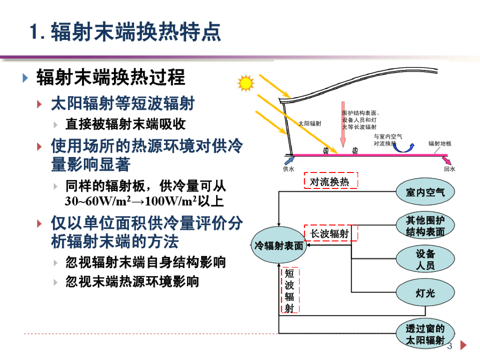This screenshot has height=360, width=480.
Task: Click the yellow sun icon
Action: click(x=246, y=83)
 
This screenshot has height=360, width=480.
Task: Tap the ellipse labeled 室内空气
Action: click(x=426, y=192)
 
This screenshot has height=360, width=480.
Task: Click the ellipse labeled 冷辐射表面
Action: click(x=279, y=246)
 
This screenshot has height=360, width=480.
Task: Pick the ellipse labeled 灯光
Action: click(x=426, y=293)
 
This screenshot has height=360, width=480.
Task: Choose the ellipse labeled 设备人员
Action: click(x=426, y=259)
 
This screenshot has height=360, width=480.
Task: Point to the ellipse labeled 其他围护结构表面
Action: click(x=426, y=225)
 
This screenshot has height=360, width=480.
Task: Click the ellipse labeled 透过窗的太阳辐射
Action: click(x=426, y=334)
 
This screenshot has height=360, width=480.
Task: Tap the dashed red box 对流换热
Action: click(x=330, y=181)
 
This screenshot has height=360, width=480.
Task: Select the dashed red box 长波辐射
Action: click(x=330, y=233)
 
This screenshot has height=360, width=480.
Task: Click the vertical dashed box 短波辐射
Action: click(x=290, y=291)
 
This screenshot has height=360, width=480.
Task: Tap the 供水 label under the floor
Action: click(x=288, y=169)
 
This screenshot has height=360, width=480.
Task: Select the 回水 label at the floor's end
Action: click(x=450, y=169)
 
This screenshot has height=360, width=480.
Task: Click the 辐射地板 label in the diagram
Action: click(x=440, y=143)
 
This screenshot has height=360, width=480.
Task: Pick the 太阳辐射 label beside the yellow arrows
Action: click(x=310, y=123)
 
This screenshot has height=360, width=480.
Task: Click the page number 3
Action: click(x=450, y=346)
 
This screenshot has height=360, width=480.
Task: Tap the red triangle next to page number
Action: click(x=464, y=346)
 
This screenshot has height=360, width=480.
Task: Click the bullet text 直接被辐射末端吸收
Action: click(x=125, y=124)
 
